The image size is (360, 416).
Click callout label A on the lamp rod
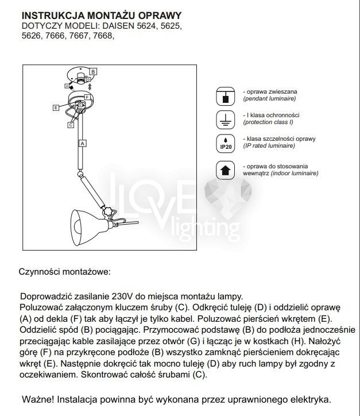(83, 142)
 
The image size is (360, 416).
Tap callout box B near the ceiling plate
(93, 71)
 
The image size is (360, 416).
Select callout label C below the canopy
(70, 124)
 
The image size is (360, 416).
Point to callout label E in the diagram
(56, 107)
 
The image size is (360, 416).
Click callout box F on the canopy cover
(88, 97)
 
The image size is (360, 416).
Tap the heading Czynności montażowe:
(64, 271)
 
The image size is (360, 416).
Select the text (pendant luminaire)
(269, 99)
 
